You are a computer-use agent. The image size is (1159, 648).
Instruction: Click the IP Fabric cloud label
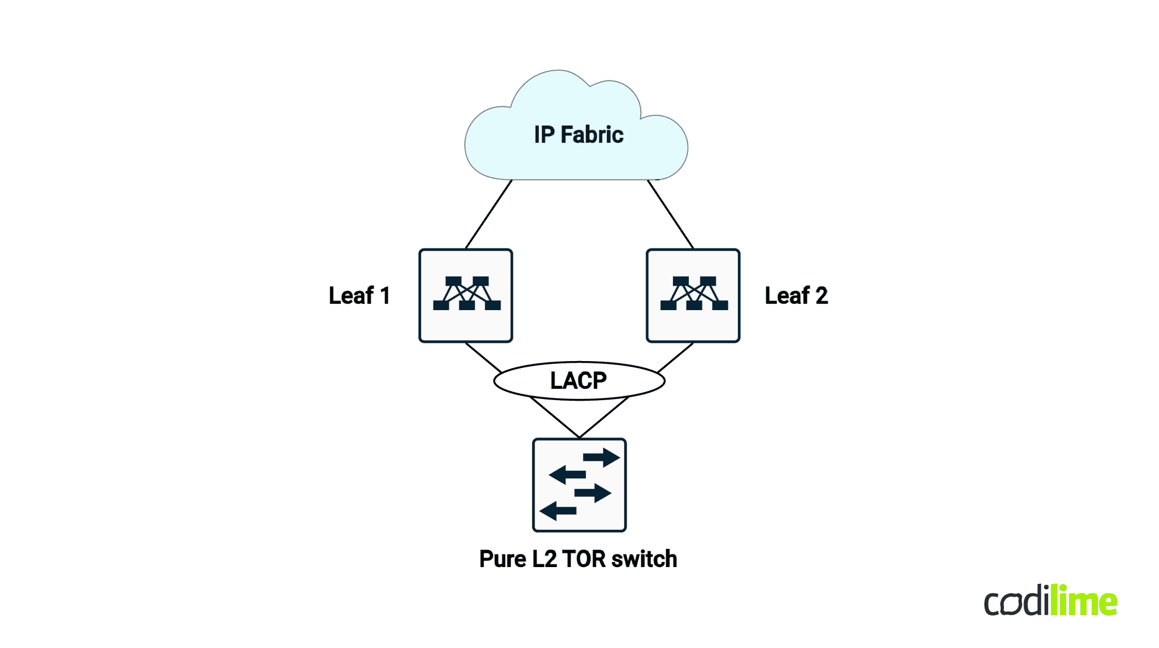point(578,135)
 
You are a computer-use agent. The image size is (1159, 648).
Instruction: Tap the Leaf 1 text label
point(359,295)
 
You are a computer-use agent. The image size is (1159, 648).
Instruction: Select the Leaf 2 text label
point(796,295)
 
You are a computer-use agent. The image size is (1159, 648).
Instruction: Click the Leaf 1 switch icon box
point(466,295)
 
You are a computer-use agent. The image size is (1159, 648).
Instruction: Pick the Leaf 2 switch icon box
point(693,295)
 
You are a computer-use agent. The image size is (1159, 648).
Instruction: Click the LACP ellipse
point(579,380)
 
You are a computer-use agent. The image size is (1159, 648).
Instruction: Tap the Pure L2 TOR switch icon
point(579,485)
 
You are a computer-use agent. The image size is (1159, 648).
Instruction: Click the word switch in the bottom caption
point(644,559)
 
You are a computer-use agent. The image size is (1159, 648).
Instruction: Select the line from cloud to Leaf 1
point(488,214)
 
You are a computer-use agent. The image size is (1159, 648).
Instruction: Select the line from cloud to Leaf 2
point(671,214)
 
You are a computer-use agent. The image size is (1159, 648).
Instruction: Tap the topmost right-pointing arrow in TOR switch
point(602,457)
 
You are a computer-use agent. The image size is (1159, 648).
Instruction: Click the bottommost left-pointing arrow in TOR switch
point(558,511)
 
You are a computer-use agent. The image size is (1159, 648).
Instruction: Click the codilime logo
point(1050,601)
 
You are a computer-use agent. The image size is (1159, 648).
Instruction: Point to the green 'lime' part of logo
point(1083,601)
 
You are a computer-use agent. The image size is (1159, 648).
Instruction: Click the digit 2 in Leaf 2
point(822,295)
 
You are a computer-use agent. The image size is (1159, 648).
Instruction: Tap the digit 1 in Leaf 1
point(385,295)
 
